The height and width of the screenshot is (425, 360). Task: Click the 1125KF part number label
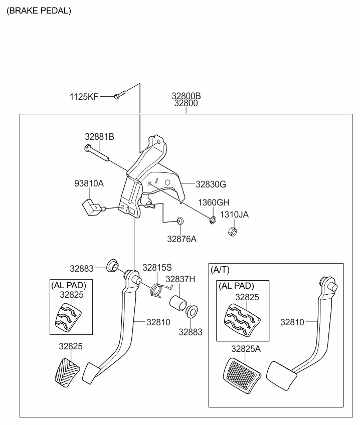pyautogui.click(x=84, y=97)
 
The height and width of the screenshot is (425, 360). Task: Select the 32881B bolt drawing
pyautogui.click(x=97, y=153)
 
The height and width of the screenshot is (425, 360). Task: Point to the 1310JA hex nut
pyautogui.click(x=232, y=232)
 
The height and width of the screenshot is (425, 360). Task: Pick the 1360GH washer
pyautogui.click(x=213, y=219)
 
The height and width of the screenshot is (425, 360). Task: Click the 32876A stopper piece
pyautogui.click(x=181, y=221)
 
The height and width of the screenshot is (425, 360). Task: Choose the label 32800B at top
pyautogui.click(x=186, y=96)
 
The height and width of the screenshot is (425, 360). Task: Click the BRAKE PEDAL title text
pyautogui.click(x=39, y=10)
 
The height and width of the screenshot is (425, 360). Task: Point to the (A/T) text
pyautogui.click(x=220, y=270)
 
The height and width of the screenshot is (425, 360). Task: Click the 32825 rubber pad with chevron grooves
pyautogui.click(x=65, y=372)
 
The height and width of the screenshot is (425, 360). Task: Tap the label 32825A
pyautogui.click(x=246, y=349)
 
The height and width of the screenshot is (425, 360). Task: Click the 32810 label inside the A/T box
pyautogui.click(x=292, y=322)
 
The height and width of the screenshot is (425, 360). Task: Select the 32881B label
pyautogui.click(x=99, y=136)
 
